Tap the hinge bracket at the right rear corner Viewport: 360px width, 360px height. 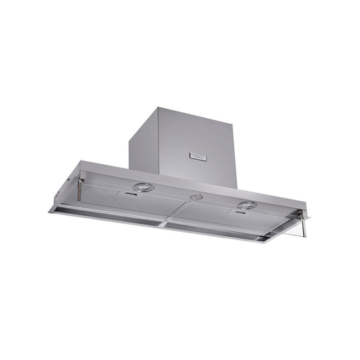point(306,213)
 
